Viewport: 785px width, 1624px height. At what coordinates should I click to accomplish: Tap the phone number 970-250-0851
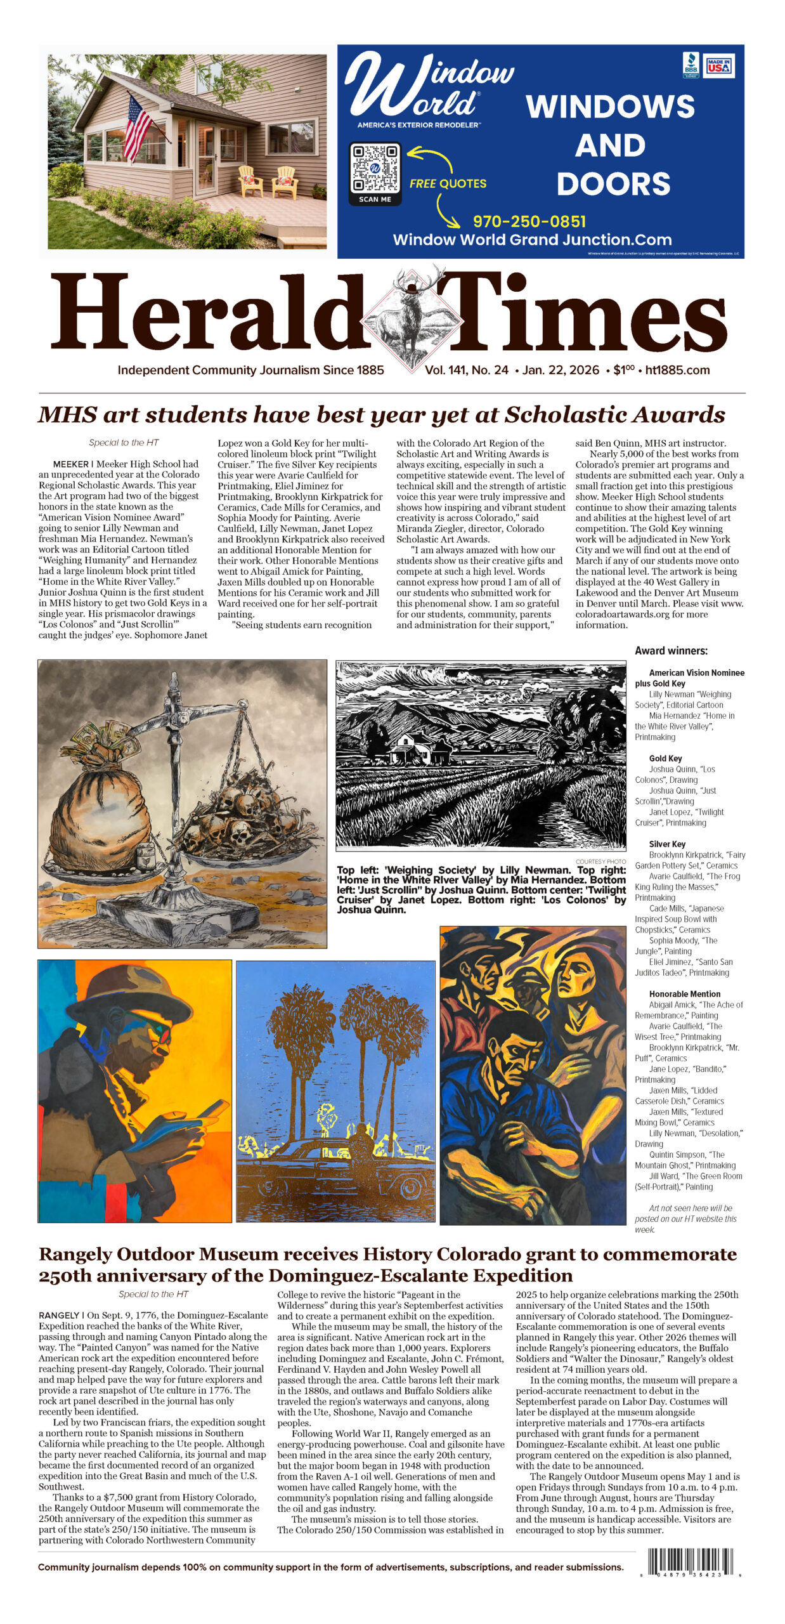pos(529,221)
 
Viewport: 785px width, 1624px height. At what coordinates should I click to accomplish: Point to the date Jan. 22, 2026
pos(561,370)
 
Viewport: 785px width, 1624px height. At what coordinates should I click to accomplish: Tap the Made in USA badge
pos(718,65)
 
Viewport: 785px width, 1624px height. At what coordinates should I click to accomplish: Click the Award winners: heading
pos(671,650)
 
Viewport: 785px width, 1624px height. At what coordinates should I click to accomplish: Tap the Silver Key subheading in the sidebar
pos(666,844)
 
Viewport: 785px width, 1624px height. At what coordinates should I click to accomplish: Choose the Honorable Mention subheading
pos(684,994)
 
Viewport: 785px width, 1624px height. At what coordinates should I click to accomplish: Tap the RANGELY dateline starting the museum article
pos(59,1315)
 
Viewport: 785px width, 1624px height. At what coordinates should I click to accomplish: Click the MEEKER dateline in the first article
pos(70,464)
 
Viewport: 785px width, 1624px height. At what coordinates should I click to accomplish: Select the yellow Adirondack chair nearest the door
pos(251,180)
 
